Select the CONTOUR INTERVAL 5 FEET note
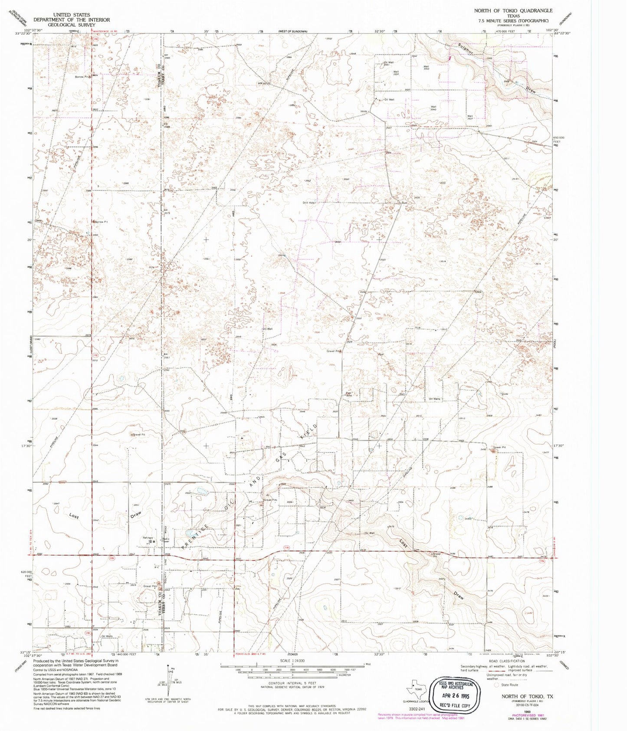pos(292,683)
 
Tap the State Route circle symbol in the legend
pos(496,685)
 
